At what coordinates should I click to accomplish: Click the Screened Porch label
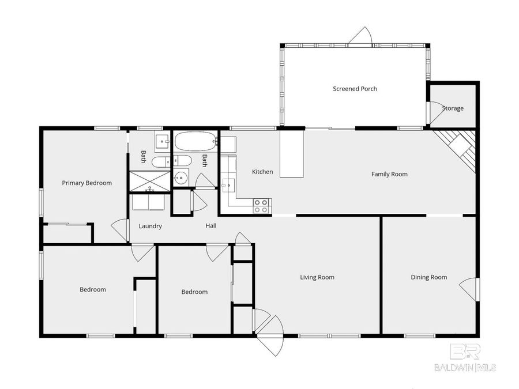click(x=355, y=89)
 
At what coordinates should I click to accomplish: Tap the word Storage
click(x=453, y=108)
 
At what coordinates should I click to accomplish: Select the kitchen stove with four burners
click(x=261, y=206)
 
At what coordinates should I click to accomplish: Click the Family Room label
click(x=389, y=174)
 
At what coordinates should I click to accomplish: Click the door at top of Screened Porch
click(x=360, y=37)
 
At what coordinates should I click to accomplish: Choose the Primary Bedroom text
click(x=87, y=183)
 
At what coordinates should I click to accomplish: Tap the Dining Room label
click(x=428, y=277)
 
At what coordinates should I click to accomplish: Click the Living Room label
click(x=317, y=277)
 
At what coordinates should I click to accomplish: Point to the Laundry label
click(x=150, y=226)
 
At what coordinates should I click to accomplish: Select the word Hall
click(x=211, y=226)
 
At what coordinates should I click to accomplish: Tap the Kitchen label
click(x=262, y=172)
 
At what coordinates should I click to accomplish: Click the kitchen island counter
click(x=292, y=153)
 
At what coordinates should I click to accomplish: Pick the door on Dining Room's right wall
click(x=471, y=288)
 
